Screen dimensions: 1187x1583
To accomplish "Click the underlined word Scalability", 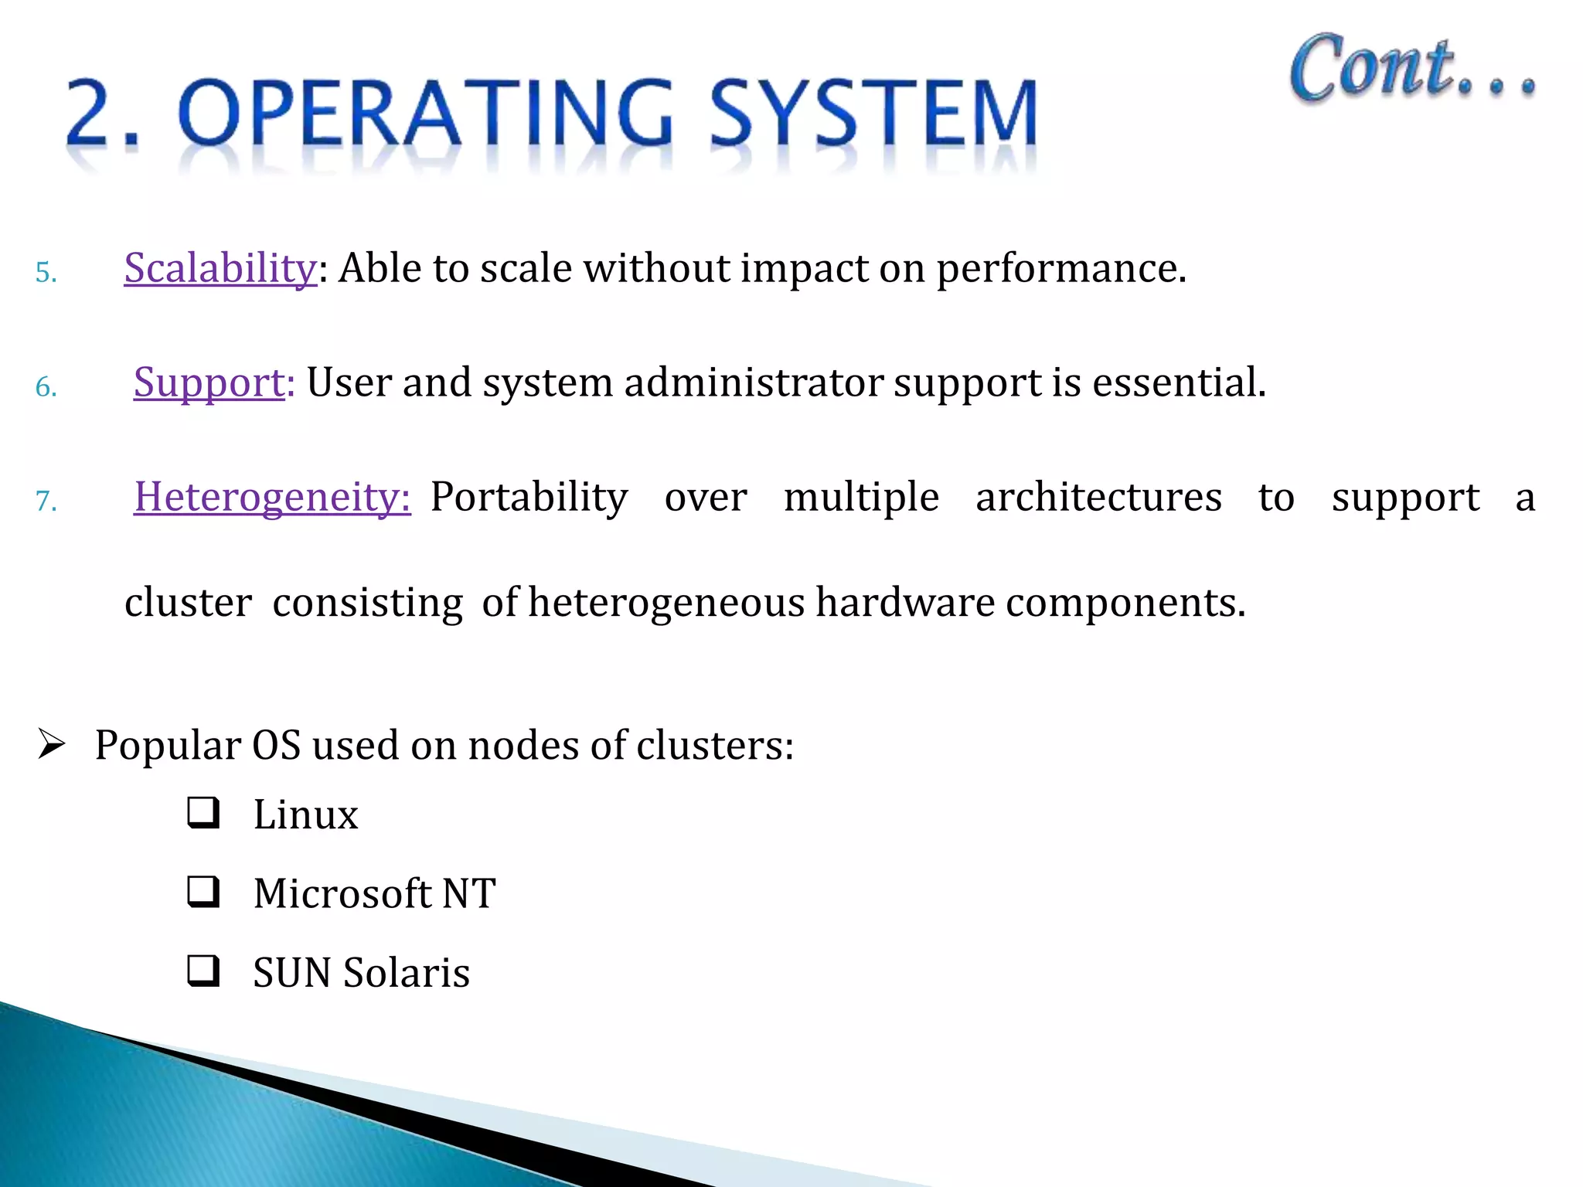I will pyautogui.click(x=220, y=268).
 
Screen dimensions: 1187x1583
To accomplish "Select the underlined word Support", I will pyautogui.click(x=209, y=383).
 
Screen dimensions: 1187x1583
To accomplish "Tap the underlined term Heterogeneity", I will pyautogui.click(x=271, y=497).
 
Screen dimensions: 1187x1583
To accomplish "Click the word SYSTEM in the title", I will pyautogui.click(x=873, y=114).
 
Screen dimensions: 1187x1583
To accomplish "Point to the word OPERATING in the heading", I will pyautogui.click(x=426, y=114).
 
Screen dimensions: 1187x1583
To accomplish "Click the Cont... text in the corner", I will pyautogui.click(x=1411, y=70).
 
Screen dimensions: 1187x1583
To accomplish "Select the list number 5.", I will pyautogui.click(x=46, y=273).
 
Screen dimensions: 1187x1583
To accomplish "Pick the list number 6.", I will pyautogui.click(x=46, y=387).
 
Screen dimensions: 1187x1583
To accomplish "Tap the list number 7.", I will pyautogui.click(x=46, y=502).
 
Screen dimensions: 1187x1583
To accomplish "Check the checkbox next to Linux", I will pyautogui.click(x=203, y=813).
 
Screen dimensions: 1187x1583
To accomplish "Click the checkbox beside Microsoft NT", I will pyautogui.click(x=203, y=892).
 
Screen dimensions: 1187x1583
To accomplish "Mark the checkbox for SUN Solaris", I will pyautogui.click(x=203, y=971).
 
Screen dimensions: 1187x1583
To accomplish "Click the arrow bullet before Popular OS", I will pyautogui.click(x=52, y=745).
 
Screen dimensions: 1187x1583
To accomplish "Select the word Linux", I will pyautogui.click(x=306, y=815).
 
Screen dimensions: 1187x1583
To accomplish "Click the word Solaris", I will pyautogui.click(x=407, y=972).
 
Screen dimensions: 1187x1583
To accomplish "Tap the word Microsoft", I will pyautogui.click(x=342, y=893).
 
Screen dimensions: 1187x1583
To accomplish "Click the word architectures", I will pyautogui.click(x=1098, y=497).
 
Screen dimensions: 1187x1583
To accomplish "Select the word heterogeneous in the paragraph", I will pyautogui.click(x=666, y=602).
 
